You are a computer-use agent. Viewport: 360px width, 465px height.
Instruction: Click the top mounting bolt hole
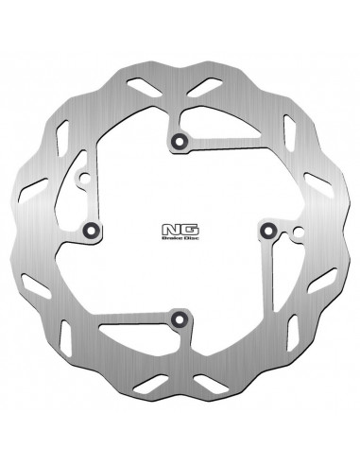(177, 142)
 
